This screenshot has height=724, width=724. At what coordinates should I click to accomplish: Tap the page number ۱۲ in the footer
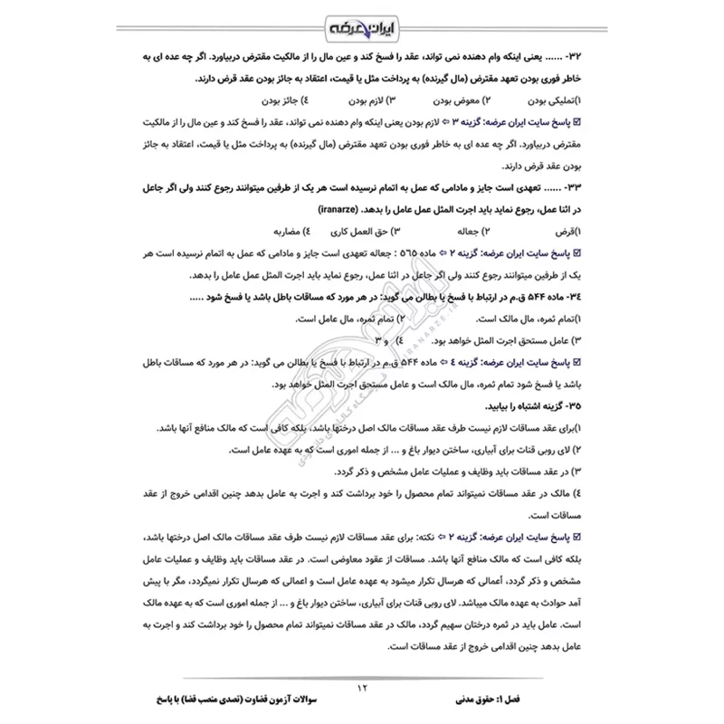coord(362,690)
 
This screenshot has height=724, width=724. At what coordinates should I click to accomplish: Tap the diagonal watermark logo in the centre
coord(362,362)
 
